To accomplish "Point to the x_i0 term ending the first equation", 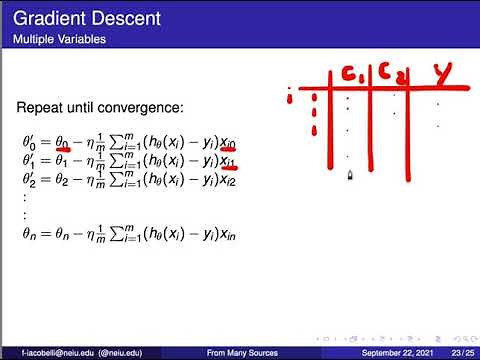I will click(227, 144).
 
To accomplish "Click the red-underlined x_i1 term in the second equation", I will click(227, 161).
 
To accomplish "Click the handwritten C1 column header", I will click(353, 73).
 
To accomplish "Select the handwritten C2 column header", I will click(389, 74).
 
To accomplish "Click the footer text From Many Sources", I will click(242, 353).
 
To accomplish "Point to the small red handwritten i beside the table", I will click(290, 98).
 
